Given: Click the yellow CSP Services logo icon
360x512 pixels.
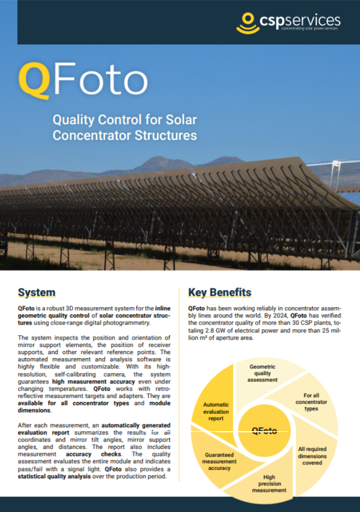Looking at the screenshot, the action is [248, 23].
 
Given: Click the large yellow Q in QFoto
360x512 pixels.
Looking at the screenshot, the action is [34, 80].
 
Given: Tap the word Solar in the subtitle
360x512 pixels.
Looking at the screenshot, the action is [181, 120].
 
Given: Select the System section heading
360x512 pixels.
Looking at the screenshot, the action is [37, 292].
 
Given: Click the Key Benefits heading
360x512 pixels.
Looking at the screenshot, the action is [220, 292].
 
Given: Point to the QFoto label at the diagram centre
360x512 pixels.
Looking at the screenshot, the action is [265, 431].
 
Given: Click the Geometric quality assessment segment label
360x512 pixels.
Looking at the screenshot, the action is [262, 373].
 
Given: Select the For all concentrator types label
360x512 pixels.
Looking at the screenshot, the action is [311, 402].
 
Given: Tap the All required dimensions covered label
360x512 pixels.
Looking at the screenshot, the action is [312, 456].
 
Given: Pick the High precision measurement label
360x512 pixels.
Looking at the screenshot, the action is [269, 483].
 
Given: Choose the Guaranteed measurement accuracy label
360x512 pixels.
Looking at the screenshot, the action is [219, 461].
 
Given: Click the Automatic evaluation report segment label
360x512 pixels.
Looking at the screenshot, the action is [216, 412].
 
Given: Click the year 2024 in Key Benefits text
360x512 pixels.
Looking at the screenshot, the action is [280, 316].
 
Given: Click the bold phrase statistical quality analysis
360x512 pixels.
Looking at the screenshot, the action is [54, 477].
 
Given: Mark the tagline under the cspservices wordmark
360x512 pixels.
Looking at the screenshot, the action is [309, 29].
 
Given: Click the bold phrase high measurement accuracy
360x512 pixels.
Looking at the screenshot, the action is [93, 381].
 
